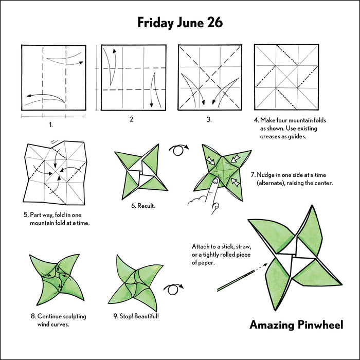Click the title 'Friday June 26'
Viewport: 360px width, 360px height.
(x=179, y=23)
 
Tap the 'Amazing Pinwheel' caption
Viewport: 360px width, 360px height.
(x=296, y=325)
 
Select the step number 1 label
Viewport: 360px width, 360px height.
(x=50, y=124)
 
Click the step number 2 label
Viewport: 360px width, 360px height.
(x=132, y=119)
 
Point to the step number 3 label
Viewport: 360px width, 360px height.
(x=209, y=119)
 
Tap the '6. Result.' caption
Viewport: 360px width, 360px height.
(x=143, y=206)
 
